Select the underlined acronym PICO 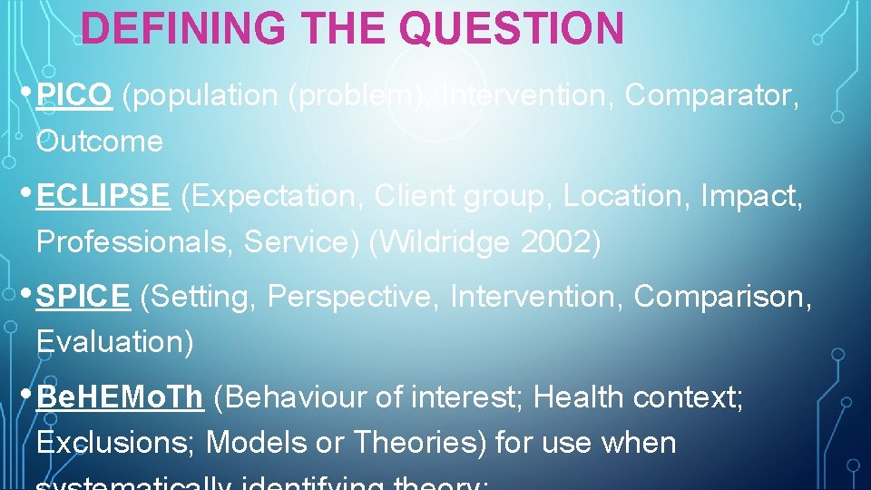[x=74, y=94]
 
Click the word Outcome [x=100, y=142]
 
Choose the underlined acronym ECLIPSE [x=103, y=195]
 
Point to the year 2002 [x=563, y=242]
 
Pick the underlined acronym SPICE [x=83, y=296]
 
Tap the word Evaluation [x=114, y=342]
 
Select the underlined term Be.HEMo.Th [x=120, y=397]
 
